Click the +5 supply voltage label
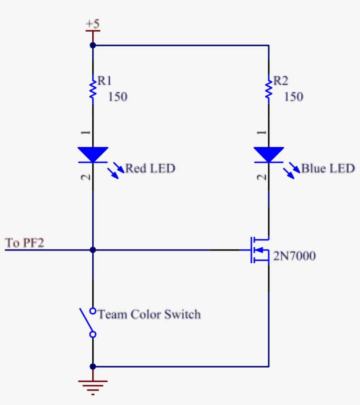click(93, 24)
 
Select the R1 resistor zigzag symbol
click(93, 89)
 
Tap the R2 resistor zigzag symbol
click(269, 89)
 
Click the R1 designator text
click(104, 81)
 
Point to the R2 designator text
click(281, 81)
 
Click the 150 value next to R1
click(117, 97)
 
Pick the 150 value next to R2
click(293, 97)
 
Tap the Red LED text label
click(150, 168)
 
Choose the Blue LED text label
click(328, 168)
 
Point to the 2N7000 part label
click(294, 256)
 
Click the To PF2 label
click(25, 243)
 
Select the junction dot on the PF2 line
click(93, 250)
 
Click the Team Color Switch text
click(149, 314)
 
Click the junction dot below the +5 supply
click(93, 45)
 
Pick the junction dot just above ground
click(93, 366)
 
